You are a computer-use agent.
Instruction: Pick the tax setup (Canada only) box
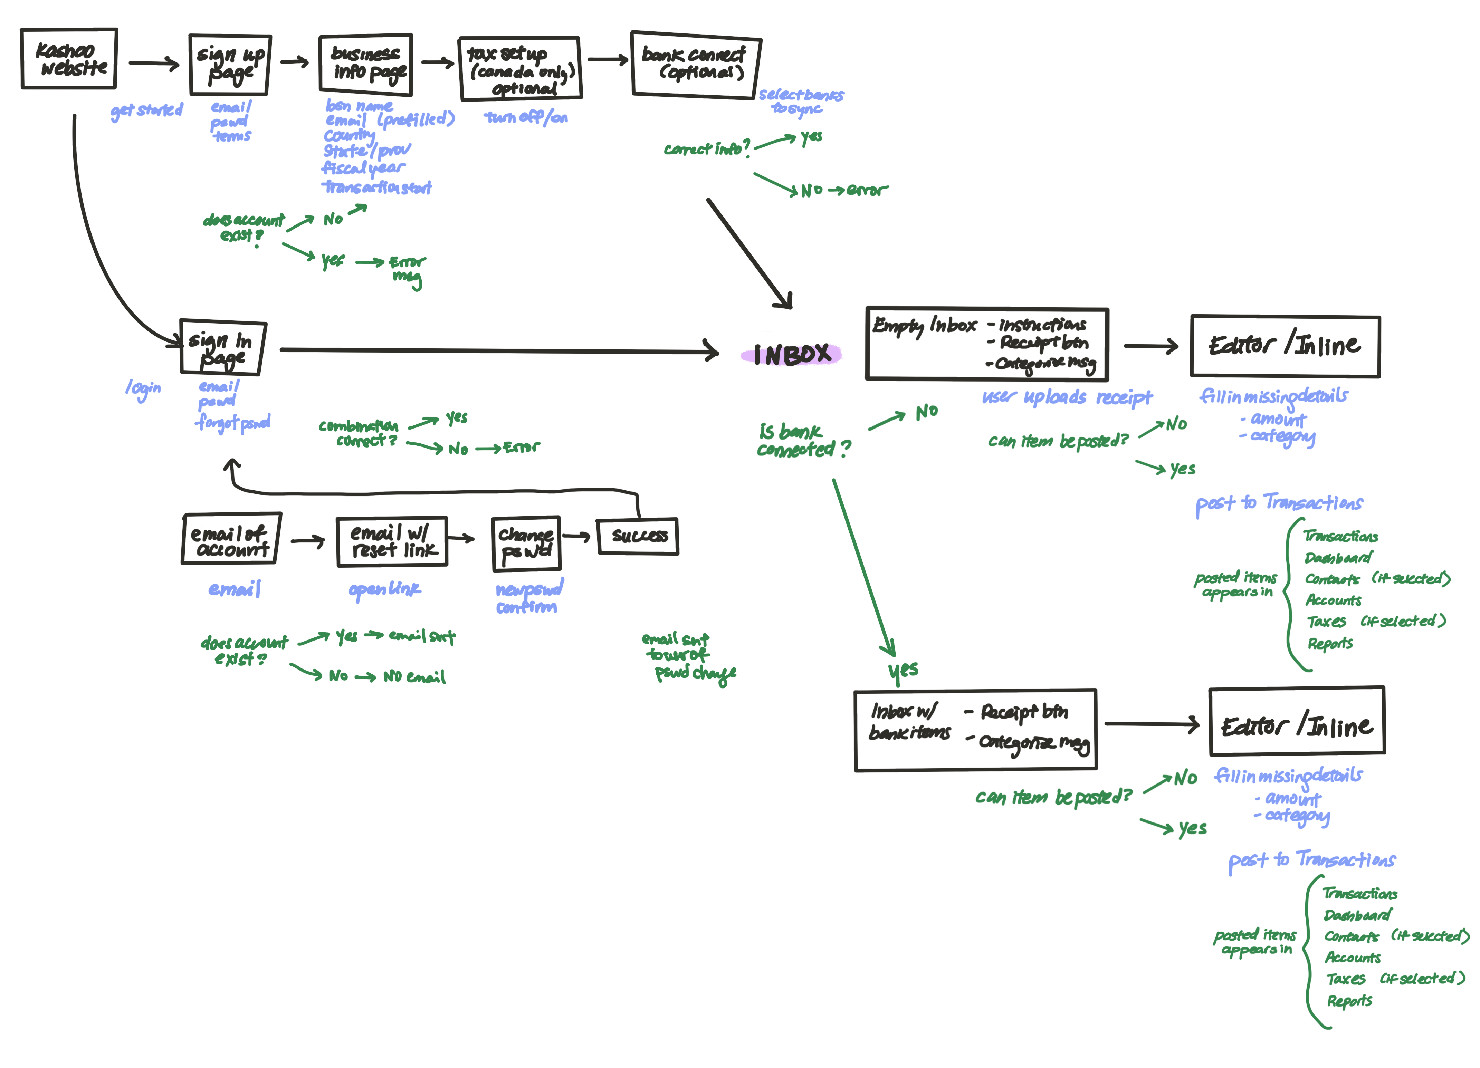[520, 68]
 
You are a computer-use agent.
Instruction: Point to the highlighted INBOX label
[792, 354]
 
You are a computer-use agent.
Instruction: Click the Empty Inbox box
[987, 344]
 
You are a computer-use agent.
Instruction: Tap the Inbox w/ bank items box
[976, 730]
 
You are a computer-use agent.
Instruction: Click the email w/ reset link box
[392, 541]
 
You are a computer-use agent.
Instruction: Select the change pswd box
[526, 543]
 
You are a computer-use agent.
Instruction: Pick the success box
[638, 536]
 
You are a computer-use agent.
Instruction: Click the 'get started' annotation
[147, 111]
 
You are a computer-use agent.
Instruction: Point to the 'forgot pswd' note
[233, 423]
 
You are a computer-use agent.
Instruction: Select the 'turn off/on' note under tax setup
[526, 117]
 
